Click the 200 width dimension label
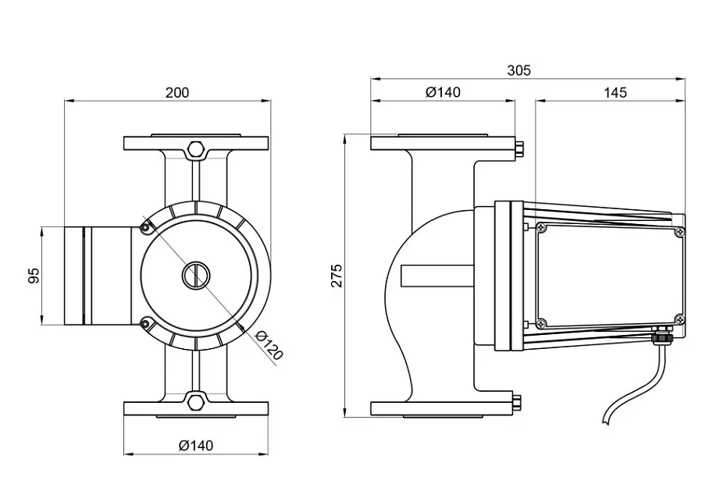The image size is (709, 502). tap(176, 93)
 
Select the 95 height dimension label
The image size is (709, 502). tap(34, 276)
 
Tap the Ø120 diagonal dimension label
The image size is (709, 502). tap(269, 346)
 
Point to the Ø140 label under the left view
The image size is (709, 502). tap(196, 446)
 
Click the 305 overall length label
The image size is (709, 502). tap(518, 70)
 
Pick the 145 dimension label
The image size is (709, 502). tap(615, 93)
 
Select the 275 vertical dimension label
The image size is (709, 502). tap(337, 276)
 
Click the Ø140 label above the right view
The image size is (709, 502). tap(444, 92)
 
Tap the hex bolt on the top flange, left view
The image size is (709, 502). tap(195, 149)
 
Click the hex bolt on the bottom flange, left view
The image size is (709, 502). tap(195, 402)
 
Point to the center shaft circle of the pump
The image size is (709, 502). tap(196, 275)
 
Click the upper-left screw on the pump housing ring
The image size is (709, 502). tap(145, 228)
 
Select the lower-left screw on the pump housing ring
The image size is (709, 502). tap(145, 323)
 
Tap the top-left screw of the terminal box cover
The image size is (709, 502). tap(542, 227)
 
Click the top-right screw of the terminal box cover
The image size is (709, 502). tap(679, 232)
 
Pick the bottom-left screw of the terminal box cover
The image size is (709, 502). tap(542, 323)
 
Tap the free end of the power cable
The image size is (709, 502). tap(606, 422)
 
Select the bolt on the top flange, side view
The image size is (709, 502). tap(519, 149)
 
